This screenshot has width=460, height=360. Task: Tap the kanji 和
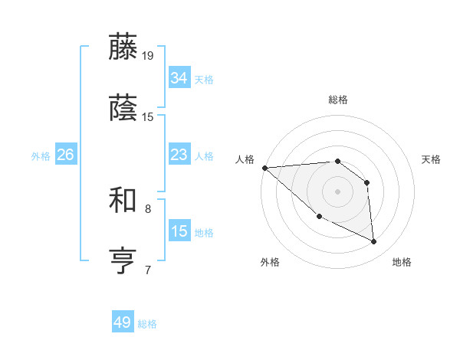click(x=123, y=200)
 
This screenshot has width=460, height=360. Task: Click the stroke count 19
click(x=148, y=56)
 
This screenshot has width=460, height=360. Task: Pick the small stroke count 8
click(x=148, y=208)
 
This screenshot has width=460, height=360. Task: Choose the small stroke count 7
click(x=148, y=270)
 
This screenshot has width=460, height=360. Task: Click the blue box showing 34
click(x=179, y=77)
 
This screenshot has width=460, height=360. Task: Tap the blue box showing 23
click(x=179, y=155)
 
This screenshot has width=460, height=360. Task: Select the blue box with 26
click(x=65, y=155)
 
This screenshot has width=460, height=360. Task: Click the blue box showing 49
click(x=123, y=322)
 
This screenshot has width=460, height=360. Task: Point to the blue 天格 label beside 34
click(x=204, y=79)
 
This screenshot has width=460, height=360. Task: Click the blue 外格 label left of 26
click(x=41, y=155)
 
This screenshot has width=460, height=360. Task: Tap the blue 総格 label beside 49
click(x=147, y=324)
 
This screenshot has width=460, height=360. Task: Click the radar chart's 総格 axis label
click(x=338, y=100)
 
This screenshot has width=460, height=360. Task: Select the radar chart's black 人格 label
click(x=245, y=159)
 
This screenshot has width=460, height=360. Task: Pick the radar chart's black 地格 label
click(x=402, y=262)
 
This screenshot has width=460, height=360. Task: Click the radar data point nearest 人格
click(x=264, y=168)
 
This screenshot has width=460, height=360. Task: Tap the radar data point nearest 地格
click(x=374, y=242)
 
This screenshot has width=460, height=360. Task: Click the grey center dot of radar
click(x=338, y=191)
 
